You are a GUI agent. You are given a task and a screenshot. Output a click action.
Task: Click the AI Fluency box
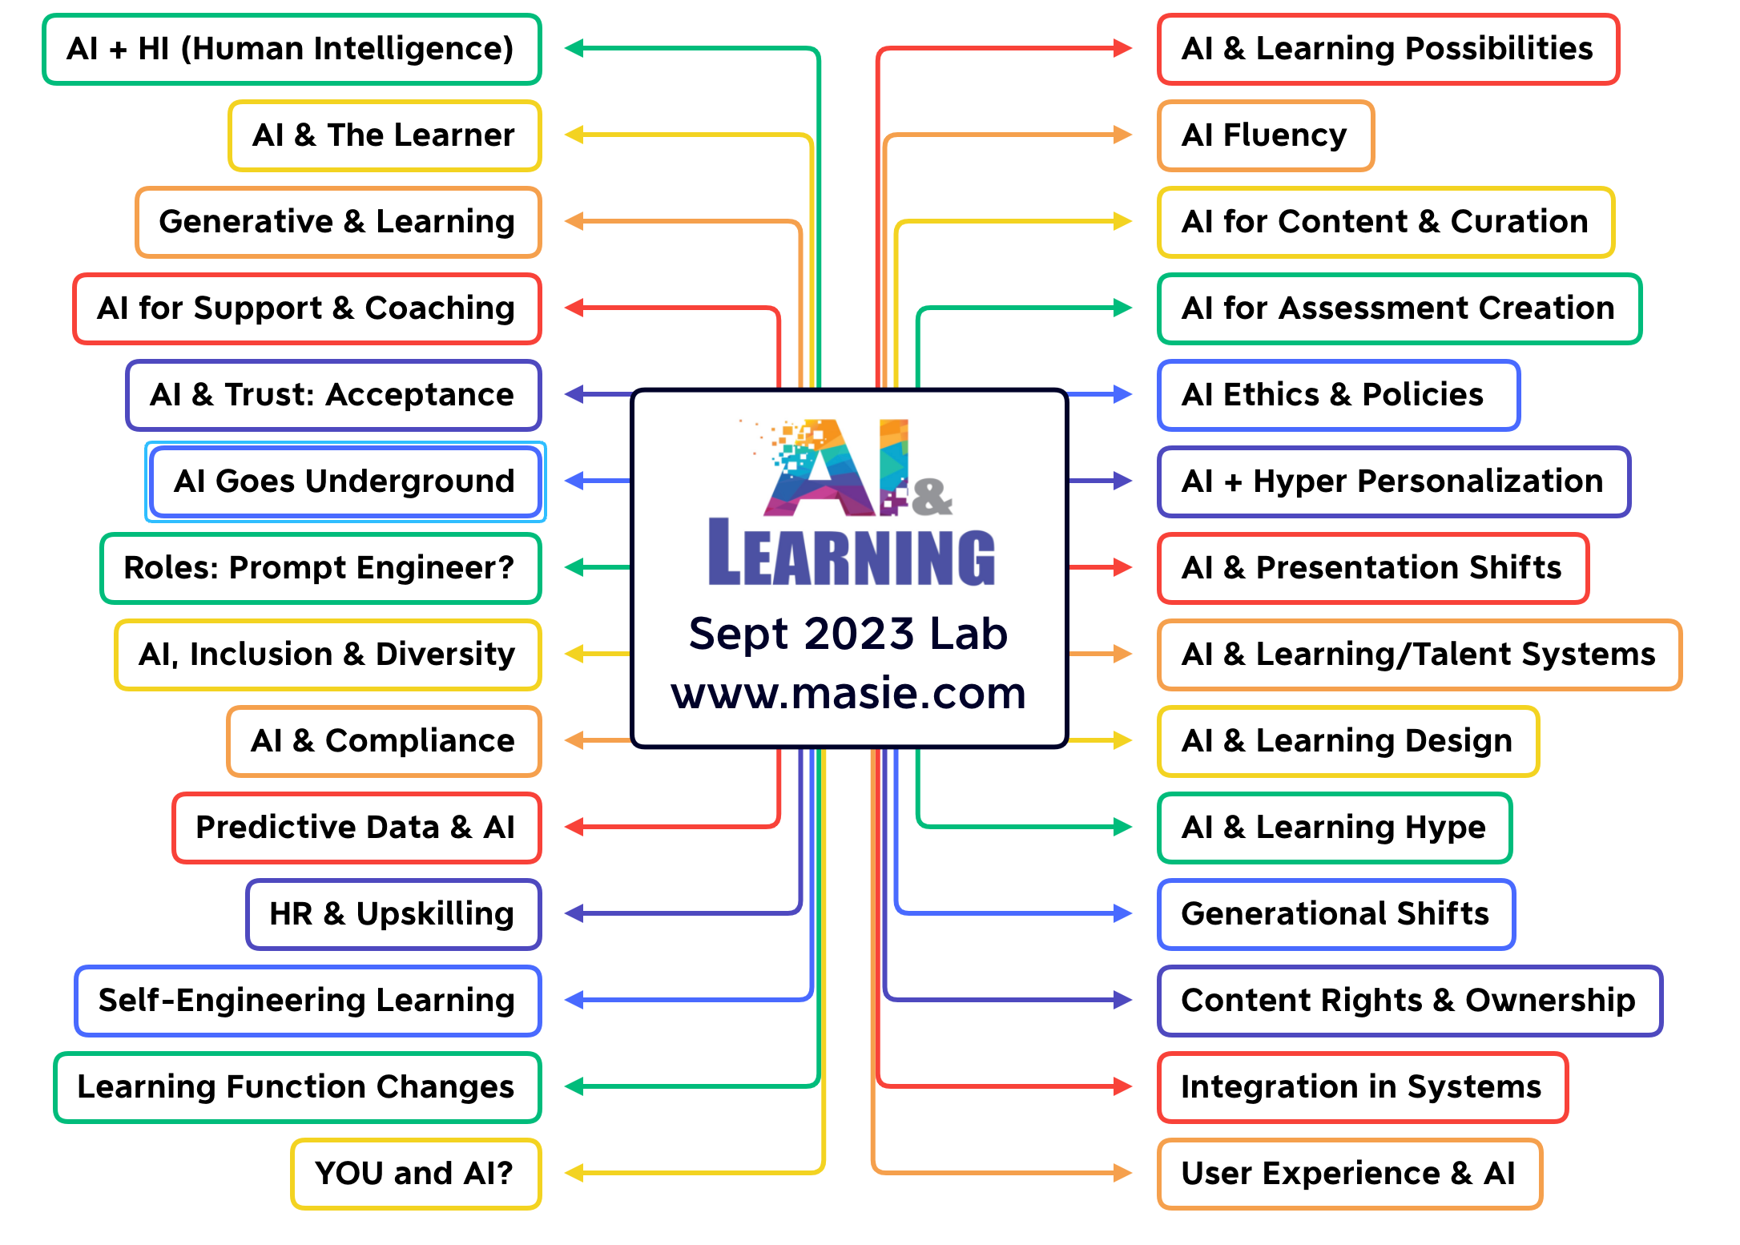[x=1265, y=135]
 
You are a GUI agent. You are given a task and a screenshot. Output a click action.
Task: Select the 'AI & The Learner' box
[x=385, y=135]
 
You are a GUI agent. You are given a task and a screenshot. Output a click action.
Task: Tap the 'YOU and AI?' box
[x=415, y=1174]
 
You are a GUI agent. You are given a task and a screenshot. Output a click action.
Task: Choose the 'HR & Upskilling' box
[x=393, y=914]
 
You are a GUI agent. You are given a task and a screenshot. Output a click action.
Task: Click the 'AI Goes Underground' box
[x=345, y=481]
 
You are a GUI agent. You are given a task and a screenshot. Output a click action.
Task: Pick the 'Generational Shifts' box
[x=1335, y=914]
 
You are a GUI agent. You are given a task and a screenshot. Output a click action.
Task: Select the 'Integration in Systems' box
[x=1361, y=1087]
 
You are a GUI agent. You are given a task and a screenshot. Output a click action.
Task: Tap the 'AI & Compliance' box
[x=384, y=741]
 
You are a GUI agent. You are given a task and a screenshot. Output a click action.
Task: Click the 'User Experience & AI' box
[x=1349, y=1174]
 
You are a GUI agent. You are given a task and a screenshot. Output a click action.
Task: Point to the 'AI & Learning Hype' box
[x=1334, y=828]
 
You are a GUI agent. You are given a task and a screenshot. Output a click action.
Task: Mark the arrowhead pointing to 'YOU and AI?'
[x=574, y=1174]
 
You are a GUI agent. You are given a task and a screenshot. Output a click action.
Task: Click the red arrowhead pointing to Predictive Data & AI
[x=574, y=828]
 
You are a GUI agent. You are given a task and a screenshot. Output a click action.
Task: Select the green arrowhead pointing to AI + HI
[x=574, y=49]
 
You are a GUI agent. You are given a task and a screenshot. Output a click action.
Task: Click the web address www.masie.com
[x=848, y=694]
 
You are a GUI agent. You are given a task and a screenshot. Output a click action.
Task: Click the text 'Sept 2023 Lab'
[x=848, y=634]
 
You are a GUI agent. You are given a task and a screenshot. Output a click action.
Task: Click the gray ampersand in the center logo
[x=932, y=497]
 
